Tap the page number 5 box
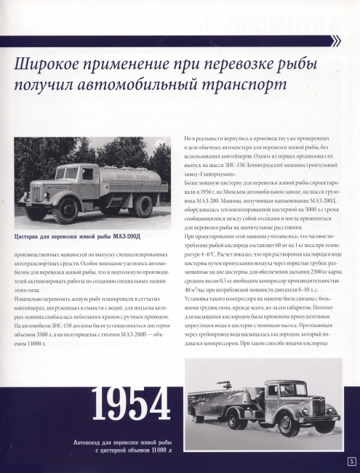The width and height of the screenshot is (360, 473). (351, 461)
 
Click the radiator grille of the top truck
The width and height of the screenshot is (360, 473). (34, 194)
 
